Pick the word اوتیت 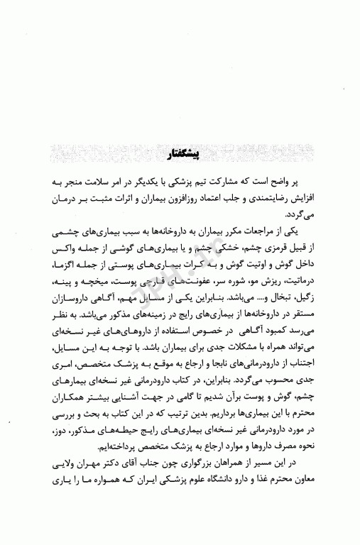261,265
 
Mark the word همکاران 65,414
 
